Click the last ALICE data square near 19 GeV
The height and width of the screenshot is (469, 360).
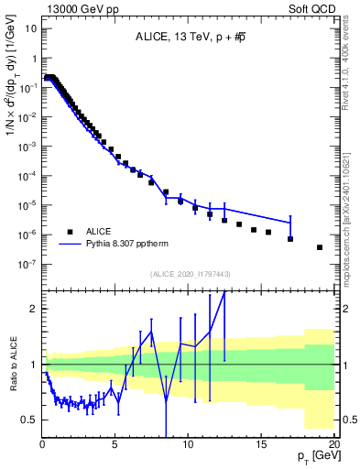coord(320,247)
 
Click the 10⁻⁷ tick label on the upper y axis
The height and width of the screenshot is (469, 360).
coord(28,264)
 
